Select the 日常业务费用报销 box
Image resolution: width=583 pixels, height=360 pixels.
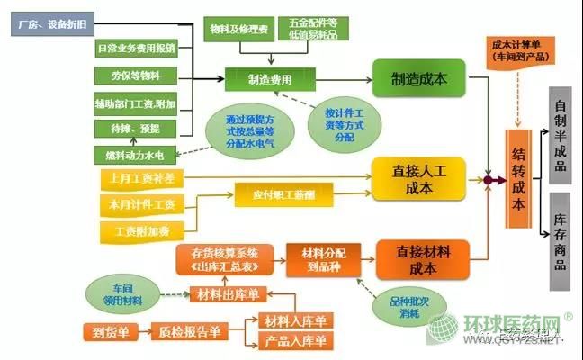[136, 47]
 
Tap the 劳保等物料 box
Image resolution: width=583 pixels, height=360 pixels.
[136, 76]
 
